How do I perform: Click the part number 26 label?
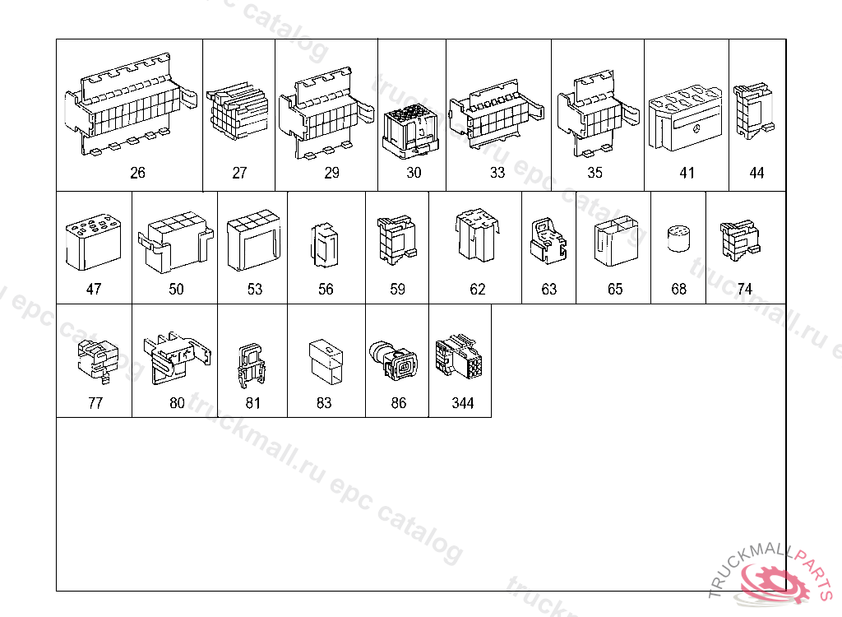[137, 173]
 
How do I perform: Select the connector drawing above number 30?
[412, 128]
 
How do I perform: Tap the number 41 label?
[687, 173]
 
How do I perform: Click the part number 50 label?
[176, 289]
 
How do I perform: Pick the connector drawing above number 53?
[253, 244]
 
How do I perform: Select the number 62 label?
[478, 289]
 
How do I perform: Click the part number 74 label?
[745, 289]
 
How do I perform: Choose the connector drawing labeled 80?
[174, 356]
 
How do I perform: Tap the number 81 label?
[252, 403]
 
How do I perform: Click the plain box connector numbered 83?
[327, 360]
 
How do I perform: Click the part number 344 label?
[463, 403]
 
